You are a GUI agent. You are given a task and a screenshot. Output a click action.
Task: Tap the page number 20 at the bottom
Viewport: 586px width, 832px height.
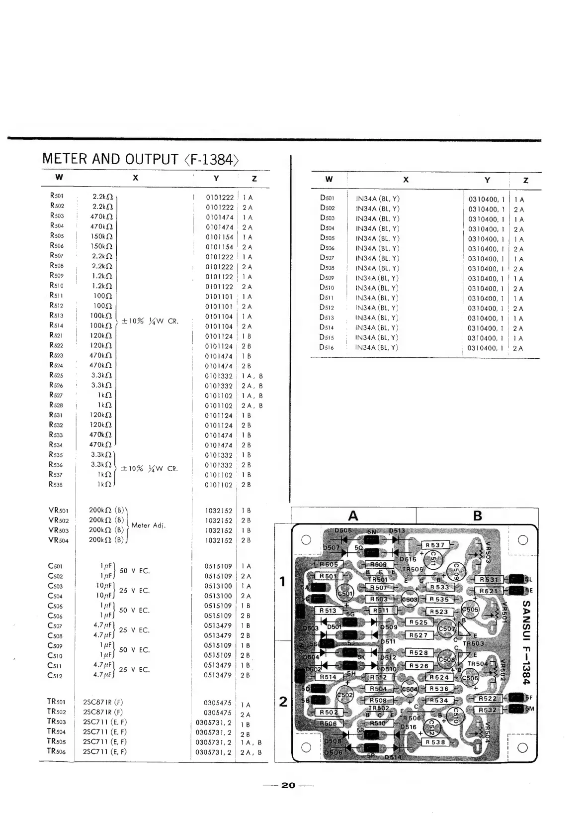point(288,785)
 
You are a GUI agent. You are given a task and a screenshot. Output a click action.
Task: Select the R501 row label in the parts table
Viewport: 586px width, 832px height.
point(57,196)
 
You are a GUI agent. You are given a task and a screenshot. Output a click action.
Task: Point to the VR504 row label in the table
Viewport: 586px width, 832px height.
point(58,540)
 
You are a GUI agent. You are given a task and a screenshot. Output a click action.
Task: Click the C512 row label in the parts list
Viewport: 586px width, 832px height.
point(55,675)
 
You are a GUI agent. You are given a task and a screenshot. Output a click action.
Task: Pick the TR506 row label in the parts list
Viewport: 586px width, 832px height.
point(56,751)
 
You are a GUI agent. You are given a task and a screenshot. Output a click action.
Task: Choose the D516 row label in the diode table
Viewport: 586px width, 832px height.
point(327,347)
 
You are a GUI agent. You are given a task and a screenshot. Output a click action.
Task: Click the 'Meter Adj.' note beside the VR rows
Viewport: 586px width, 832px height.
point(149,525)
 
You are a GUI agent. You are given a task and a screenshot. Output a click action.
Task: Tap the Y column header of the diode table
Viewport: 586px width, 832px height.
point(487,180)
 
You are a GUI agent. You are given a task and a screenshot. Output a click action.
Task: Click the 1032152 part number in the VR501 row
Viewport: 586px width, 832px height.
point(218,511)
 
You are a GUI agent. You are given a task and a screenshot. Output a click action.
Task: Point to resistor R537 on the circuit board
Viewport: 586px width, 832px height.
point(435,545)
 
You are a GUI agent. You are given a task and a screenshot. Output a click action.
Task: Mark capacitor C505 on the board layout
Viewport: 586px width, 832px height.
point(470,610)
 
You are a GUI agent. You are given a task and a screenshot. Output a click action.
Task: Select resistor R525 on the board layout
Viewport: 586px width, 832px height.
point(419,622)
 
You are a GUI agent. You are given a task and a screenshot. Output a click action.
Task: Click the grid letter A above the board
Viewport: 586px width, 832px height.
point(353,516)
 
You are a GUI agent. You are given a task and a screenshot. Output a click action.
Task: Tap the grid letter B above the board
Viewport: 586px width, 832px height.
point(477,516)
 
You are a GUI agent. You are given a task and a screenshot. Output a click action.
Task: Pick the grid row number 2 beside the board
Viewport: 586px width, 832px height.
point(283,702)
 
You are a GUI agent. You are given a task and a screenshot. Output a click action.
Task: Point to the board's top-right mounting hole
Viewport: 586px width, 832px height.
point(522,540)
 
